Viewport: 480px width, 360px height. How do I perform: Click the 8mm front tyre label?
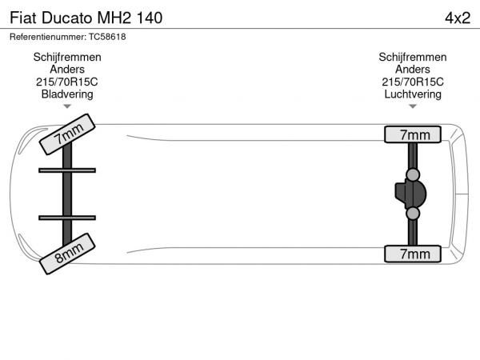click(x=67, y=254)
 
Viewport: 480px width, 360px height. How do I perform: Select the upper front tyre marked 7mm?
click(x=67, y=134)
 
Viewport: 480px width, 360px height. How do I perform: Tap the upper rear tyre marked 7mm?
click(x=413, y=134)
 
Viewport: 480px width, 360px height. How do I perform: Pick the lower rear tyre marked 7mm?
click(x=413, y=254)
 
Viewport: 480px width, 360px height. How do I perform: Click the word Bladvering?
click(x=67, y=94)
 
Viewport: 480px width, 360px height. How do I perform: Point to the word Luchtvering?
click(x=413, y=94)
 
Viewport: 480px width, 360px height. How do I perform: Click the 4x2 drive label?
click(x=458, y=18)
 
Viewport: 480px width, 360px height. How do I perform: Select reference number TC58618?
click(x=107, y=37)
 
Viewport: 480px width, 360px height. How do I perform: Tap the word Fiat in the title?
click(x=23, y=18)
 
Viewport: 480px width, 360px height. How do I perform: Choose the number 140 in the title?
click(x=149, y=18)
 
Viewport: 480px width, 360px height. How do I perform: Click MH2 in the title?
click(x=114, y=18)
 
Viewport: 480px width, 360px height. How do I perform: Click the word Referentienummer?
click(x=48, y=37)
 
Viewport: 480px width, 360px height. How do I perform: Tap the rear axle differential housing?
click(x=410, y=194)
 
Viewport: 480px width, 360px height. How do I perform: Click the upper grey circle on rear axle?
click(x=413, y=174)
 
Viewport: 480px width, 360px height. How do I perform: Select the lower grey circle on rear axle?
click(x=413, y=214)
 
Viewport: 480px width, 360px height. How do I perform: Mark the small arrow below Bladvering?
click(x=67, y=106)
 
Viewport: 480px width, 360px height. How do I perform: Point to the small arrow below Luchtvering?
click(x=413, y=106)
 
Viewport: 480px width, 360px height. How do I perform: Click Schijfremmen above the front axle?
click(x=67, y=58)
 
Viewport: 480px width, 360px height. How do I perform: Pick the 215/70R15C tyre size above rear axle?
click(x=413, y=82)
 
